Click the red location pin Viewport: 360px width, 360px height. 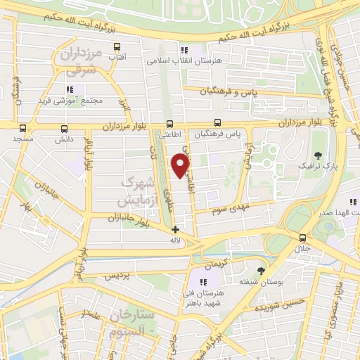[181, 165]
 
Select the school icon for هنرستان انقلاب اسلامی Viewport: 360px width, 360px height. [184, 50]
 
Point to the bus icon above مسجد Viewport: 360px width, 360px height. [22, 129]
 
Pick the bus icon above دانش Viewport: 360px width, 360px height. [65, 129]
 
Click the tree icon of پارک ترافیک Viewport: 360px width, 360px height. [319, 155]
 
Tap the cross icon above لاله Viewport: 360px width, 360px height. [175, 229]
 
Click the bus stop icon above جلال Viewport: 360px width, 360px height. [302, 238]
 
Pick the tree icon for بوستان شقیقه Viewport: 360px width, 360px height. [262, 271]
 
